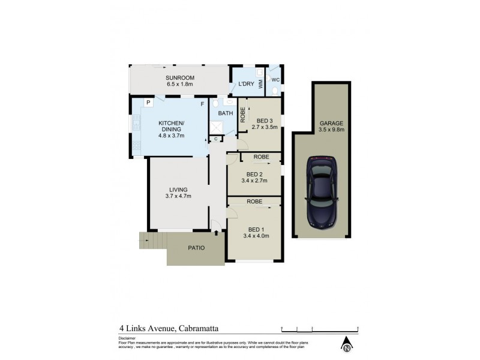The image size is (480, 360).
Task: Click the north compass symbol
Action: (347, 346)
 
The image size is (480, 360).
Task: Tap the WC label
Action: (275, 79)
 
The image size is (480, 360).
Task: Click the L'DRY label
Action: (246, 84)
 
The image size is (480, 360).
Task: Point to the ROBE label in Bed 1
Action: (254, 202)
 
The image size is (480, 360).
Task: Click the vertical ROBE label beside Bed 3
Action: (242, 115)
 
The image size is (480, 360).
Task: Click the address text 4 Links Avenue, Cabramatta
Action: (170, 329)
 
